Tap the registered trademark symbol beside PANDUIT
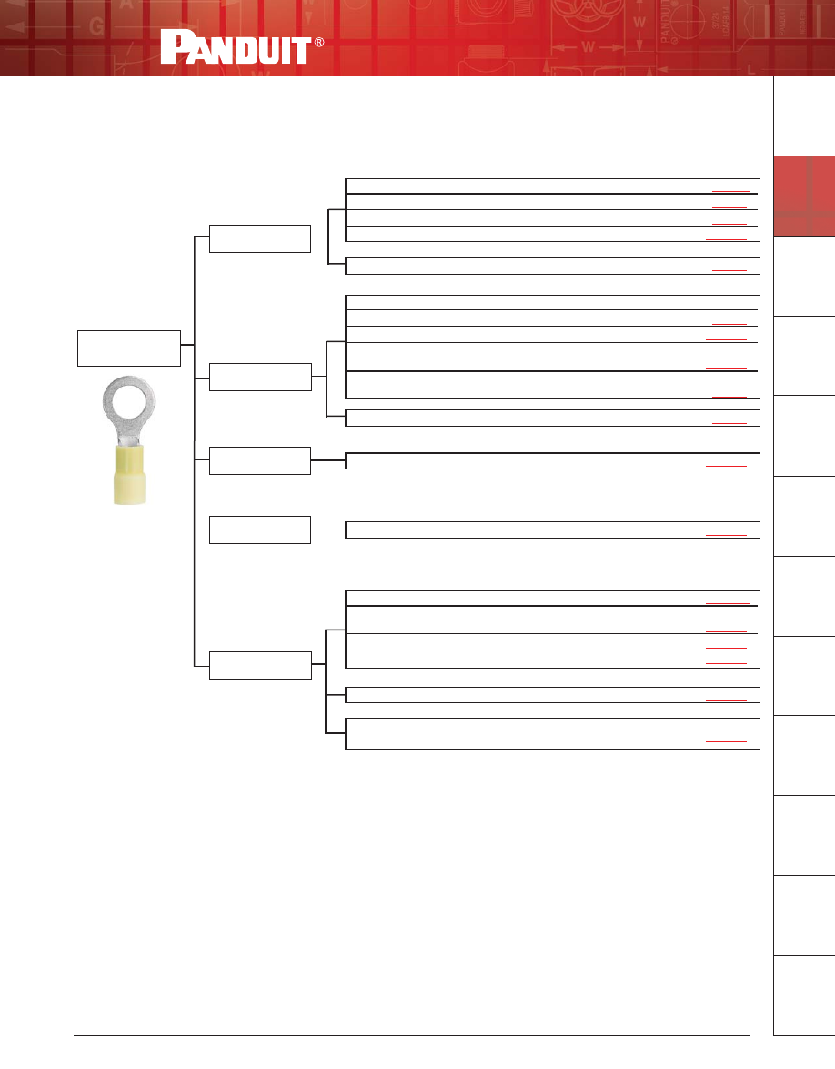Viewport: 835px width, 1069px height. [x=319, y=44]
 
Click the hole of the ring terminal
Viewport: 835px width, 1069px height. [x=129, y=401]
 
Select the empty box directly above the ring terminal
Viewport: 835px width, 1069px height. [x=128, y=348]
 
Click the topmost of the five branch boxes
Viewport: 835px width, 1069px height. [x=260, y=237]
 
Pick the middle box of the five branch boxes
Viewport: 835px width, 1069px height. [x=260, y=460]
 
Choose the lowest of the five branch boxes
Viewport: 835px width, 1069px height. [x=260, y=665]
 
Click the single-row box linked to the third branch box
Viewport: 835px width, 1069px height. [x=552, y=460]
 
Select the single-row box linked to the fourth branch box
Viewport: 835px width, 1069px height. [x=552, y=529]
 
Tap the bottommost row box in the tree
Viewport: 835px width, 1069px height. [x=552, y=734]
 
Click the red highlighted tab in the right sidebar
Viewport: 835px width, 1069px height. [x=804, y=196]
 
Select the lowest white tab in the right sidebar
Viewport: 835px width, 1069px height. [x=804, y=995]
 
